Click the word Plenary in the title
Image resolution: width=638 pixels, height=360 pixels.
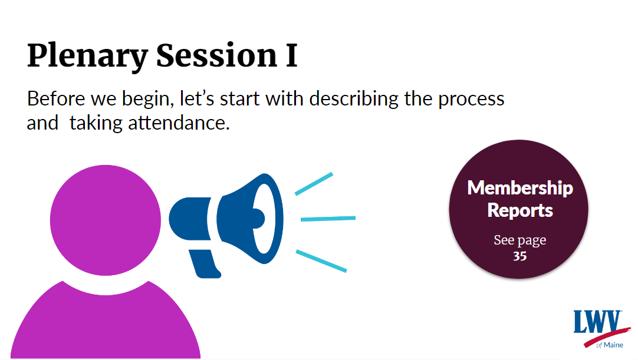87,56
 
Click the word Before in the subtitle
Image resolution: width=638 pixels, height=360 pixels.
56,98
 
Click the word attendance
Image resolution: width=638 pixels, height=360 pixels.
179,123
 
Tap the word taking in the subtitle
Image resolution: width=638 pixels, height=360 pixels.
95,123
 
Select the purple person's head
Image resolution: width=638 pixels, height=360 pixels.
106,220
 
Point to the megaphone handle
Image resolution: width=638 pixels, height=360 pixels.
205,263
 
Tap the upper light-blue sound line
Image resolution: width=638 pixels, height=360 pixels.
314,184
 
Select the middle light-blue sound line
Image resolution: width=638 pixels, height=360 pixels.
328,219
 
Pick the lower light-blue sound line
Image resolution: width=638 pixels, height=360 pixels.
321,261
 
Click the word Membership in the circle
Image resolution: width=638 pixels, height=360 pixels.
520,188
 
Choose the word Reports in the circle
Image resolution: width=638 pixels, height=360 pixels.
520,211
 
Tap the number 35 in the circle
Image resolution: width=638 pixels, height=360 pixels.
519,256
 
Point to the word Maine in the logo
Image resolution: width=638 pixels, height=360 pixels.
614,345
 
